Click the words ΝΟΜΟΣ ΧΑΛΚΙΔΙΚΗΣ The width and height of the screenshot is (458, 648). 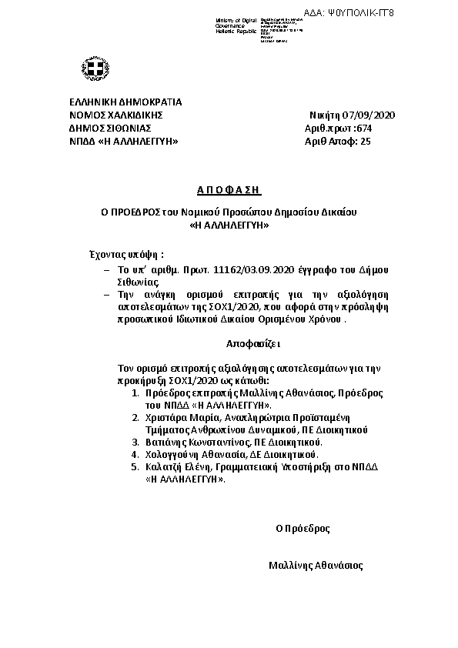[116, 115]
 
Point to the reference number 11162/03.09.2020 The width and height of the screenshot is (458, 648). [232, 271]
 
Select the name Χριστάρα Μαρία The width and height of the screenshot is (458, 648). [172, 416]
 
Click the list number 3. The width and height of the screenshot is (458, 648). [135, 443]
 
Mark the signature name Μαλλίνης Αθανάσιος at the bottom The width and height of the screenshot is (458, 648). [316, 565]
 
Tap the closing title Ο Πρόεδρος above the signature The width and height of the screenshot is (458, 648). [303, 529]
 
